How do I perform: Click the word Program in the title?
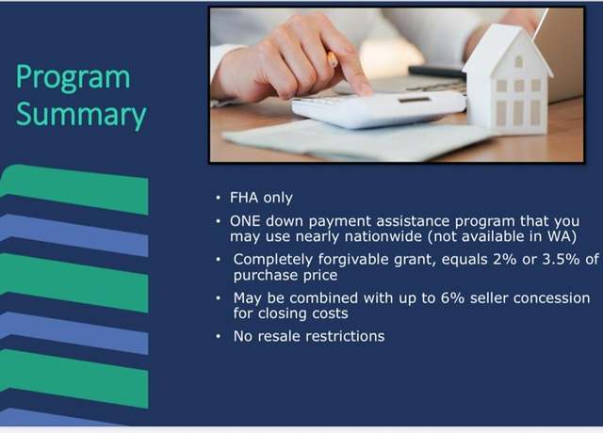[x=73, y=78]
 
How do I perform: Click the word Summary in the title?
[x=81, y=115]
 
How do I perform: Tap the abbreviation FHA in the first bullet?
[x=244, y=198]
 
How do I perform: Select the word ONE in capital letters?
[x=245, y=221]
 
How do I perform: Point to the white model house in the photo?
[x=508, y=80]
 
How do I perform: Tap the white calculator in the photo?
[x=379, y=108]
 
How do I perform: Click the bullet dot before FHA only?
[x=218, y=198]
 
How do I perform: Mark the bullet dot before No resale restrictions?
[x=218, y=337]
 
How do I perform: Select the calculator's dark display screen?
[x=415, y=100]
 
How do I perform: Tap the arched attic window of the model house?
[x=519, y=61]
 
